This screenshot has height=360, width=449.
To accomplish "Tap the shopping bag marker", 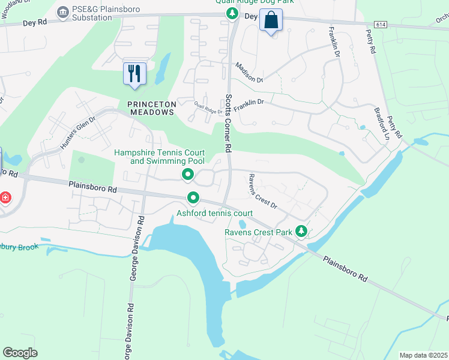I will click(271, 20).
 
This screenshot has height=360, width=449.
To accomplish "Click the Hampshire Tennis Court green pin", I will click(188, 175).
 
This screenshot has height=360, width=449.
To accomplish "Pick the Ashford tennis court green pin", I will click(193, 197).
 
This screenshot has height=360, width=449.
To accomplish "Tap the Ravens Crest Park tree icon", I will click(302, 232).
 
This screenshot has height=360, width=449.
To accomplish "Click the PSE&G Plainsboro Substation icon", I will click(62, 12).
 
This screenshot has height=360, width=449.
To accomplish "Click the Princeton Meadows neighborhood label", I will click(152, 104).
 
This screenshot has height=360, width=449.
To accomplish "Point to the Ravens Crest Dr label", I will click(262, 191).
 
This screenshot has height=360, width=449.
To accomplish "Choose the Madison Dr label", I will click(249, 72).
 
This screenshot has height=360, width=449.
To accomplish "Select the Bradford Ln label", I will click(382, 125).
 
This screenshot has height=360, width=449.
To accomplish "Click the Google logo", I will click(20, 353).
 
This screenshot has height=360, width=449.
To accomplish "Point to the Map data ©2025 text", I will click(423, 355).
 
